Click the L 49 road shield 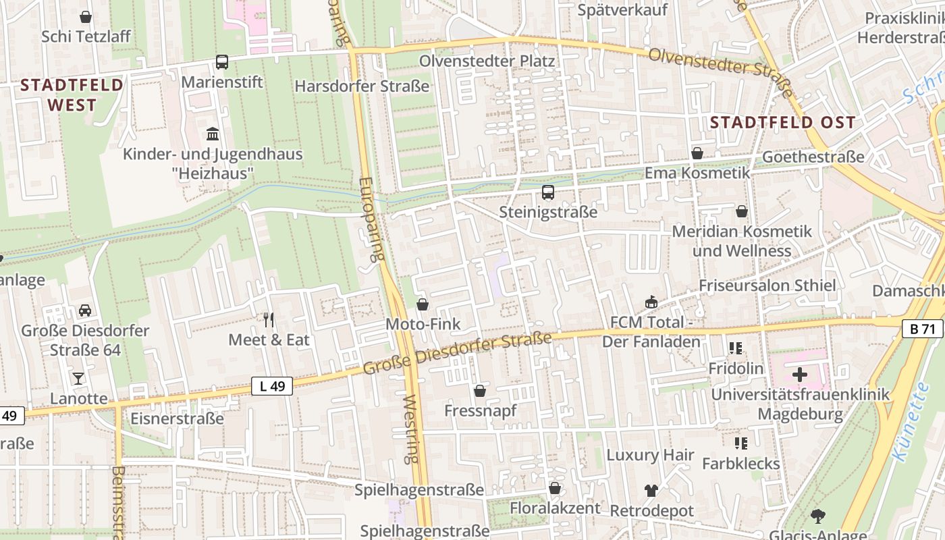click(x=272, y=386)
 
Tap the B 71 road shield click(x=923, y=329)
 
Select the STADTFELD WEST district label click(x=72, y=94)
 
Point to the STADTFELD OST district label click(x=783, y=123)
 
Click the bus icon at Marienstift click(x=222, y=62)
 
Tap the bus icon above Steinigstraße click(x=548, y=192)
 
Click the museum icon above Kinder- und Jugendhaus click(x=213, y=134)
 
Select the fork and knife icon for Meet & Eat click(x=269, y=319)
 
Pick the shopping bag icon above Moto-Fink click(x=423, y=304)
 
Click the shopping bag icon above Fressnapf click(x=480, y=391)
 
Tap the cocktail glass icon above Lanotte click(x=78, y=378)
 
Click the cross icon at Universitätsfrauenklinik click(x=800, y=374)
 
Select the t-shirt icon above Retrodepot click(x=651, y=491)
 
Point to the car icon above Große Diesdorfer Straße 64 click(x=85, y=310)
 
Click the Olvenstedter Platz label click(x=487, y=61)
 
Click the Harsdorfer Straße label click(x=362, y=86)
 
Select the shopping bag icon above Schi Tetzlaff click(x=86, y=16)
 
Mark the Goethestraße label click(x=813, y=157)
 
